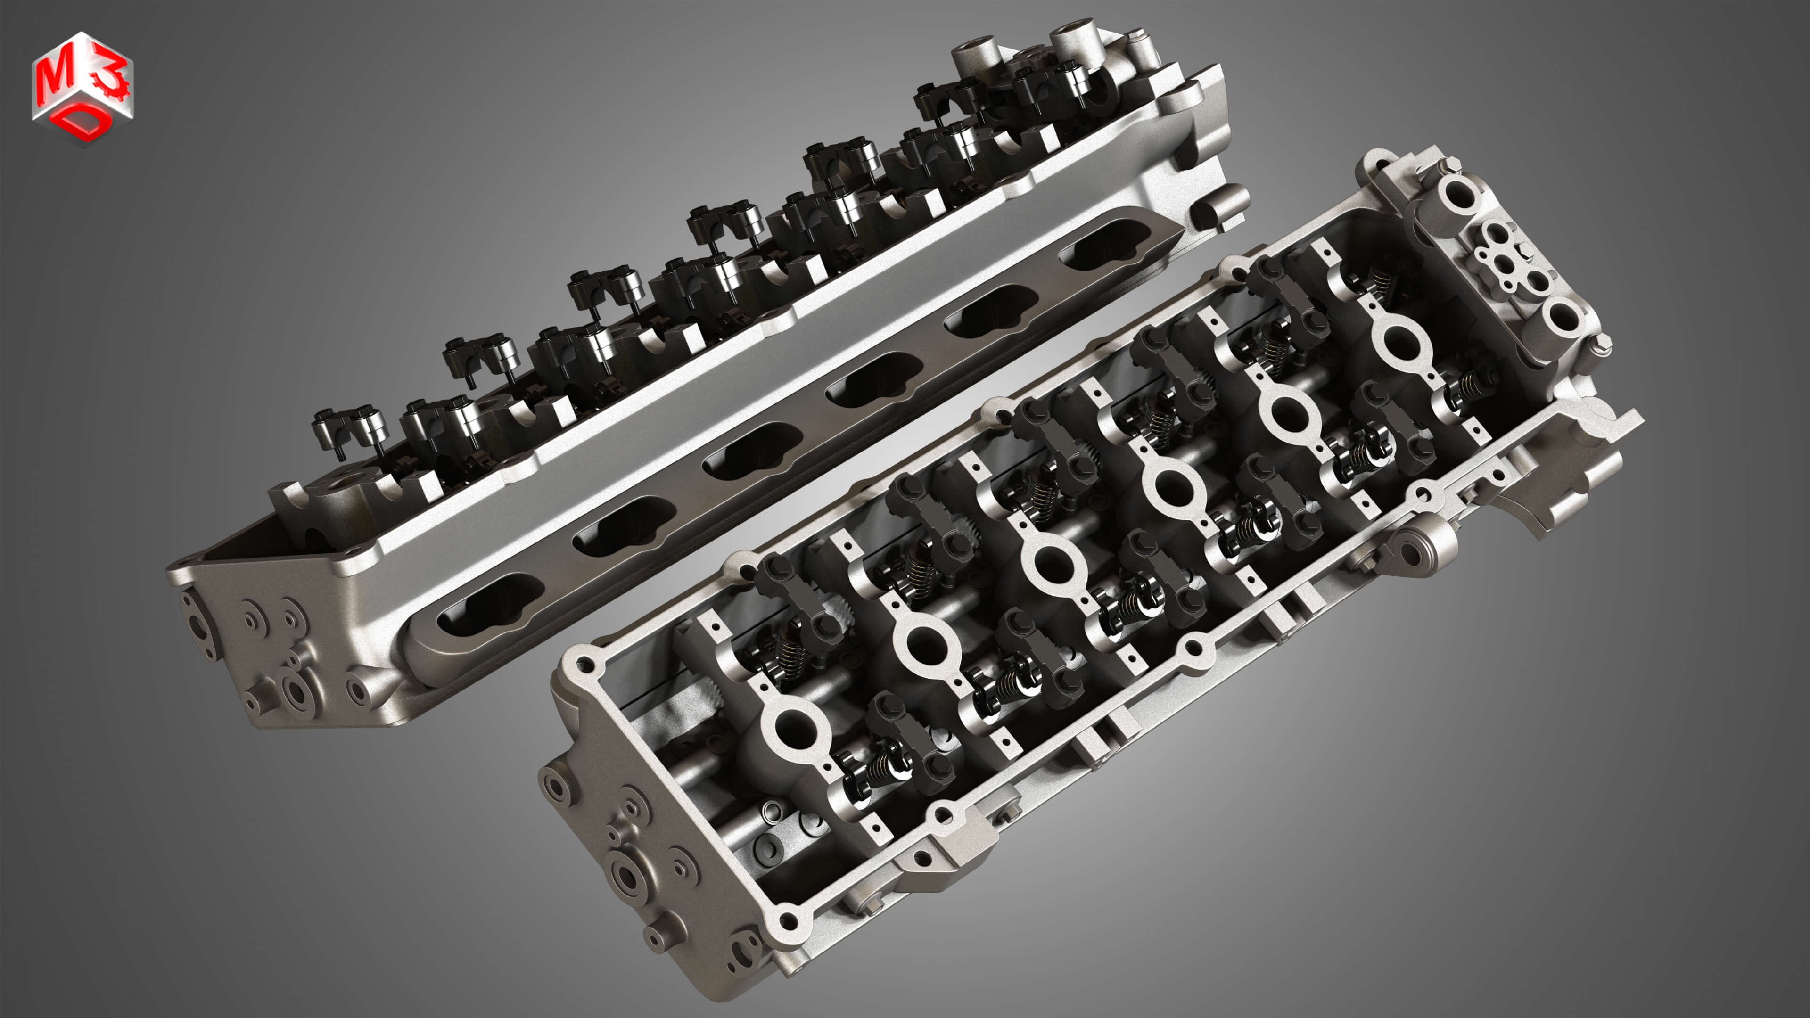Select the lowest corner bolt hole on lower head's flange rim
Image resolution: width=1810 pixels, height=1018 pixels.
click(789, 919)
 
